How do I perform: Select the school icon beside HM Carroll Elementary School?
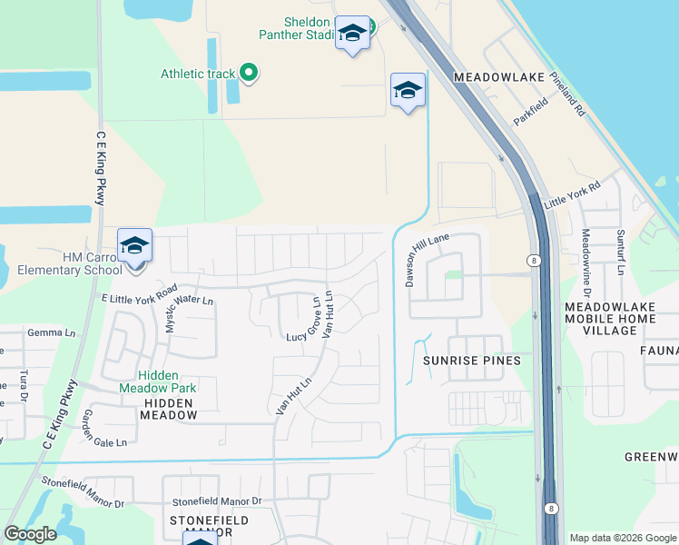click(x=134, y=245)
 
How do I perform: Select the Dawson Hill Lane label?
click(x=427, y=259)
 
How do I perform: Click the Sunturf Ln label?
click(x=621, y=252)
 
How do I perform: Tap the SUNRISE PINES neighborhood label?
click(x=472, y=361)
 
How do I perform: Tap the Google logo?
click(x=30, y=534)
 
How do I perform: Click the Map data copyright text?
click(x=622, y=538)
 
